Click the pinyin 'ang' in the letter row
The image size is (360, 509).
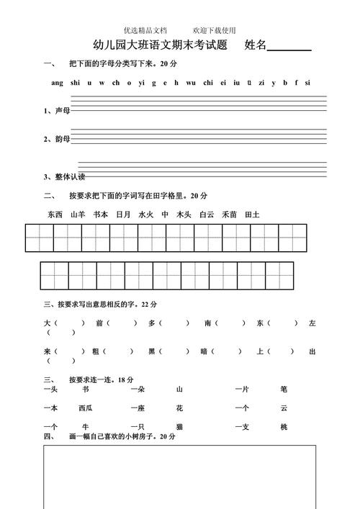click(58, 83)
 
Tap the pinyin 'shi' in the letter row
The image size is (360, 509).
click(76, 83)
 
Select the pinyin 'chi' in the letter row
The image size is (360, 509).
click(208, 83)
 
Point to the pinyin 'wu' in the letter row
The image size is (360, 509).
click(190, 83)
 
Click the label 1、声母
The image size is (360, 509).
click(57, 111)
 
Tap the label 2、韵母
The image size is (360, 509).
click(57, 139)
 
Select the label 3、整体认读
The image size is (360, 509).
click(64, 176)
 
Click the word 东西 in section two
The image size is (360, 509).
click(55, 215)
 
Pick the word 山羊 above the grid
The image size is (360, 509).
click(78, 215)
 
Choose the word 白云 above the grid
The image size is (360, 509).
click(207, 215)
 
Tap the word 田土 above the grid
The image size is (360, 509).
click(252, 215)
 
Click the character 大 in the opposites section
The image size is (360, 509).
click(47, 323)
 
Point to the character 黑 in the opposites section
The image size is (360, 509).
click(152, 351)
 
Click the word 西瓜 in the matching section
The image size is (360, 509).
click(86, 408)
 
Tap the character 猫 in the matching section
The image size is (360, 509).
click(179, 427)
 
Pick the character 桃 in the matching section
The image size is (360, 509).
click(284, 427)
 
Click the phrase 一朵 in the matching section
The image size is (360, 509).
click(138, 389)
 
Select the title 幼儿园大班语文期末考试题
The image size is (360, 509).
click(161, 46)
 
